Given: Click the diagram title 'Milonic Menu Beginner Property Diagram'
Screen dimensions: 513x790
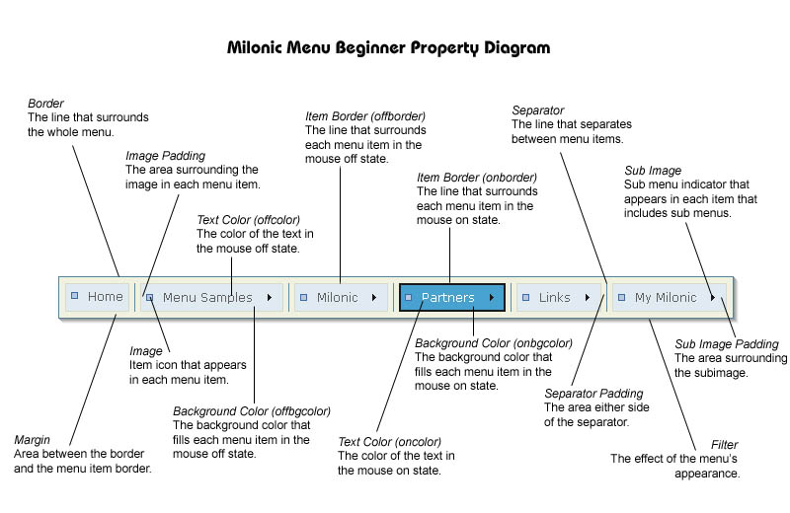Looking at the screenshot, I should point(388,47).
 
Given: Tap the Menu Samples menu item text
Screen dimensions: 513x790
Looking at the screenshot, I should point(207,297).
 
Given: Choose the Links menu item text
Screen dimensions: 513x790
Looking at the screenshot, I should point(554,297).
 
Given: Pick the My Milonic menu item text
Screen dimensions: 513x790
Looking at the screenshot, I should point(665,297).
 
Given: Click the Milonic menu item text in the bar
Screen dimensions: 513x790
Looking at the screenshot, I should point(337,297).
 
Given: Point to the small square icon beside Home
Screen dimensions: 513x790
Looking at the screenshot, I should point(74,296).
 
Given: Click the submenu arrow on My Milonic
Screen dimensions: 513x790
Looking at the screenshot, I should point(712,297).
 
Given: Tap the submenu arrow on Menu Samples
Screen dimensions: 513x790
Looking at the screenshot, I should point(270,297).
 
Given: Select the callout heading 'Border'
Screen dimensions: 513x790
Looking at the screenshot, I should point(46,103).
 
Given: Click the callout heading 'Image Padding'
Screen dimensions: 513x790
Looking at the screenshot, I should point(165,156).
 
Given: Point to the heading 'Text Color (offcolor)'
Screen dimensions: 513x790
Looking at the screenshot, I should point(248,220).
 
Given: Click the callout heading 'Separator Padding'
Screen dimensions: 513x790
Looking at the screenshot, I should point(593,394).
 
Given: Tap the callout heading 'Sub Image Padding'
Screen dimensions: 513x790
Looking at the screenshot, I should point(727,344).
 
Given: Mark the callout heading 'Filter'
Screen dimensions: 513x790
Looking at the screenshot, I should point(724,445).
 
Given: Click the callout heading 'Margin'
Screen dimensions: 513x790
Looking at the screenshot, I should point(34,440).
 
